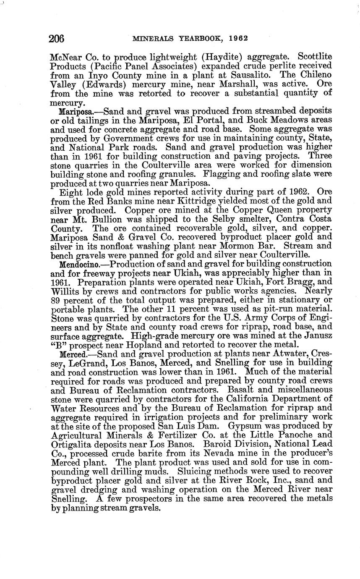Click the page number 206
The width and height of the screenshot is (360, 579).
click(57, 39)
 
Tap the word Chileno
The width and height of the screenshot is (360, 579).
click(312, 75)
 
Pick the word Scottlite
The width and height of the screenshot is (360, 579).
click(311, 56)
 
